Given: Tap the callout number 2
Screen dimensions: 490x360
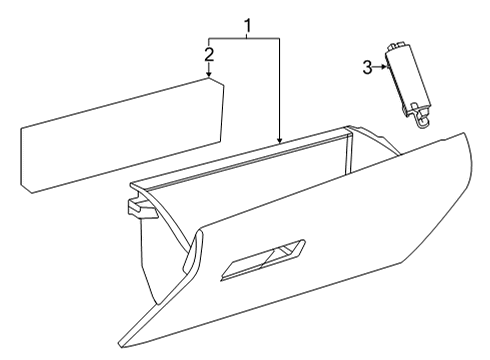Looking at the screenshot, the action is (208, 53).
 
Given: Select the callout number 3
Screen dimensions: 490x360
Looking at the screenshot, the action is (367, 68).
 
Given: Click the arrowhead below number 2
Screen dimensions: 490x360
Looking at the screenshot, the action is (208, 75).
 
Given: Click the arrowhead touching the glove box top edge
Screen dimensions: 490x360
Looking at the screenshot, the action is (280, 141).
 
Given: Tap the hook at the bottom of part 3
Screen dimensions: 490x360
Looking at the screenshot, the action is (426, 121).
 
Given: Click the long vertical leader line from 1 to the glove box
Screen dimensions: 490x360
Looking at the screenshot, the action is (280, 90).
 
